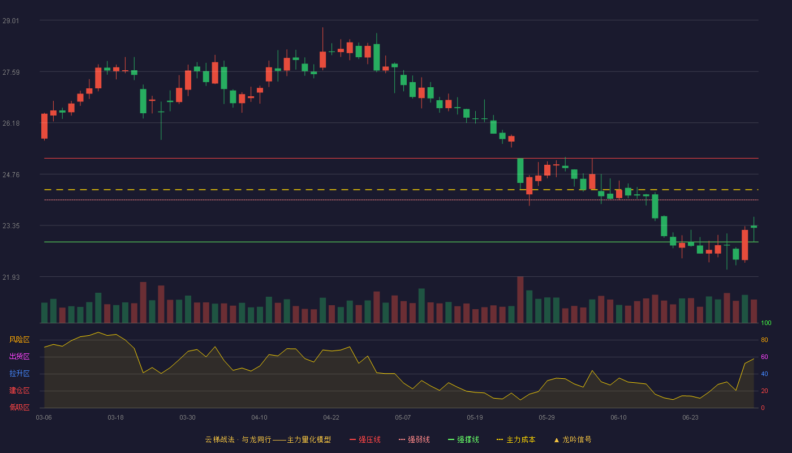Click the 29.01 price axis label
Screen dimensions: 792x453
[x=11, y=21]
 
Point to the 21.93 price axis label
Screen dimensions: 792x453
[x=11, y=277]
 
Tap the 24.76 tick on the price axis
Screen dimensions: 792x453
[x=11, y=175]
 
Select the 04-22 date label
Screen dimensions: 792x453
[x=331, y=418]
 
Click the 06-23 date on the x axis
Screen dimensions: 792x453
[x=690, y=418]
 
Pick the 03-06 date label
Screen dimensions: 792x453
[x=44, y=418]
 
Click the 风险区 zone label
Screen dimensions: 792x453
[x=19, y=340]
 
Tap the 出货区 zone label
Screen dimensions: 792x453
[x=19, y=356]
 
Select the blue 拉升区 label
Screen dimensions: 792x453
[x=19, y=373]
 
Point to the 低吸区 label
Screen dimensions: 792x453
[x=19, y=407]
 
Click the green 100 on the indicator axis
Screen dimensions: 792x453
[x=766, y=323]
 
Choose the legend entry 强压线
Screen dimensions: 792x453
[x=365, y=439]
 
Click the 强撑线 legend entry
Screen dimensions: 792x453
[x=463, y=439]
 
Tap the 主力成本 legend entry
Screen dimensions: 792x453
[x=516, y=439]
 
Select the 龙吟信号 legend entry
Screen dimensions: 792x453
[x=573, y=439]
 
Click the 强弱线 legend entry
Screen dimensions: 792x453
[x=414, y=439]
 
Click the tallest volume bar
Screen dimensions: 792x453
[x=520, y=300]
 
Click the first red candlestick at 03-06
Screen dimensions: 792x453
[x=44, y=126]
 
